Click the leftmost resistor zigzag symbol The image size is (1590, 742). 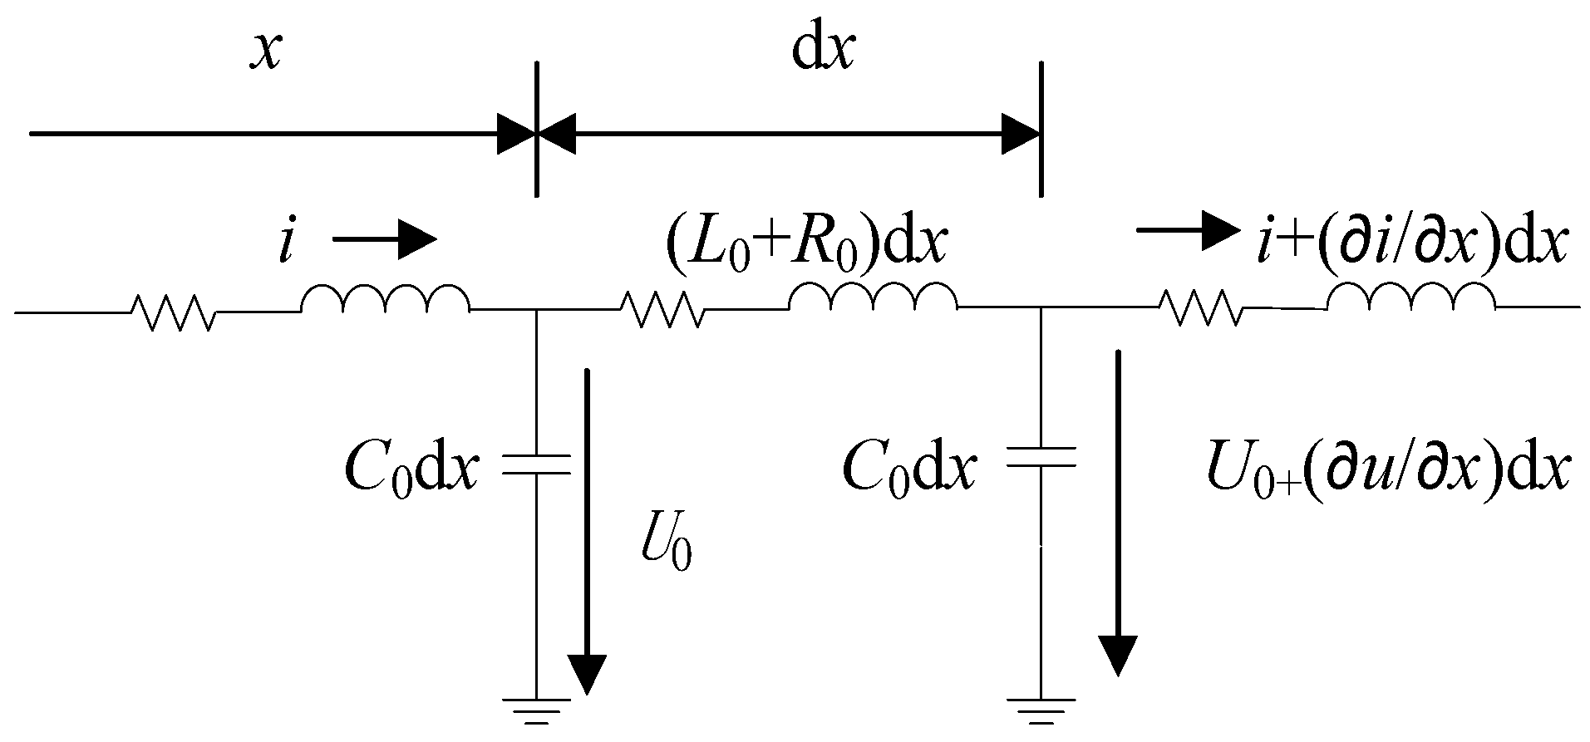[x=174, y=312]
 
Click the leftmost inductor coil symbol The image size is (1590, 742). [x=385, y=301]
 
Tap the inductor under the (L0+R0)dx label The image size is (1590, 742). [x=873, y=297]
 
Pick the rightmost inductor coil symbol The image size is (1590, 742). [x=1410, y=297]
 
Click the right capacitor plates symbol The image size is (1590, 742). [x=1041, y=457]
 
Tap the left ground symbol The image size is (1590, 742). [x=536, y=711]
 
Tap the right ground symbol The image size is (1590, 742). [x=1041, y=711]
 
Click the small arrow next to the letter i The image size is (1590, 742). [x=384, y=241]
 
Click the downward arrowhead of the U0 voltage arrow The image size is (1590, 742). [x=588, y=674]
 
